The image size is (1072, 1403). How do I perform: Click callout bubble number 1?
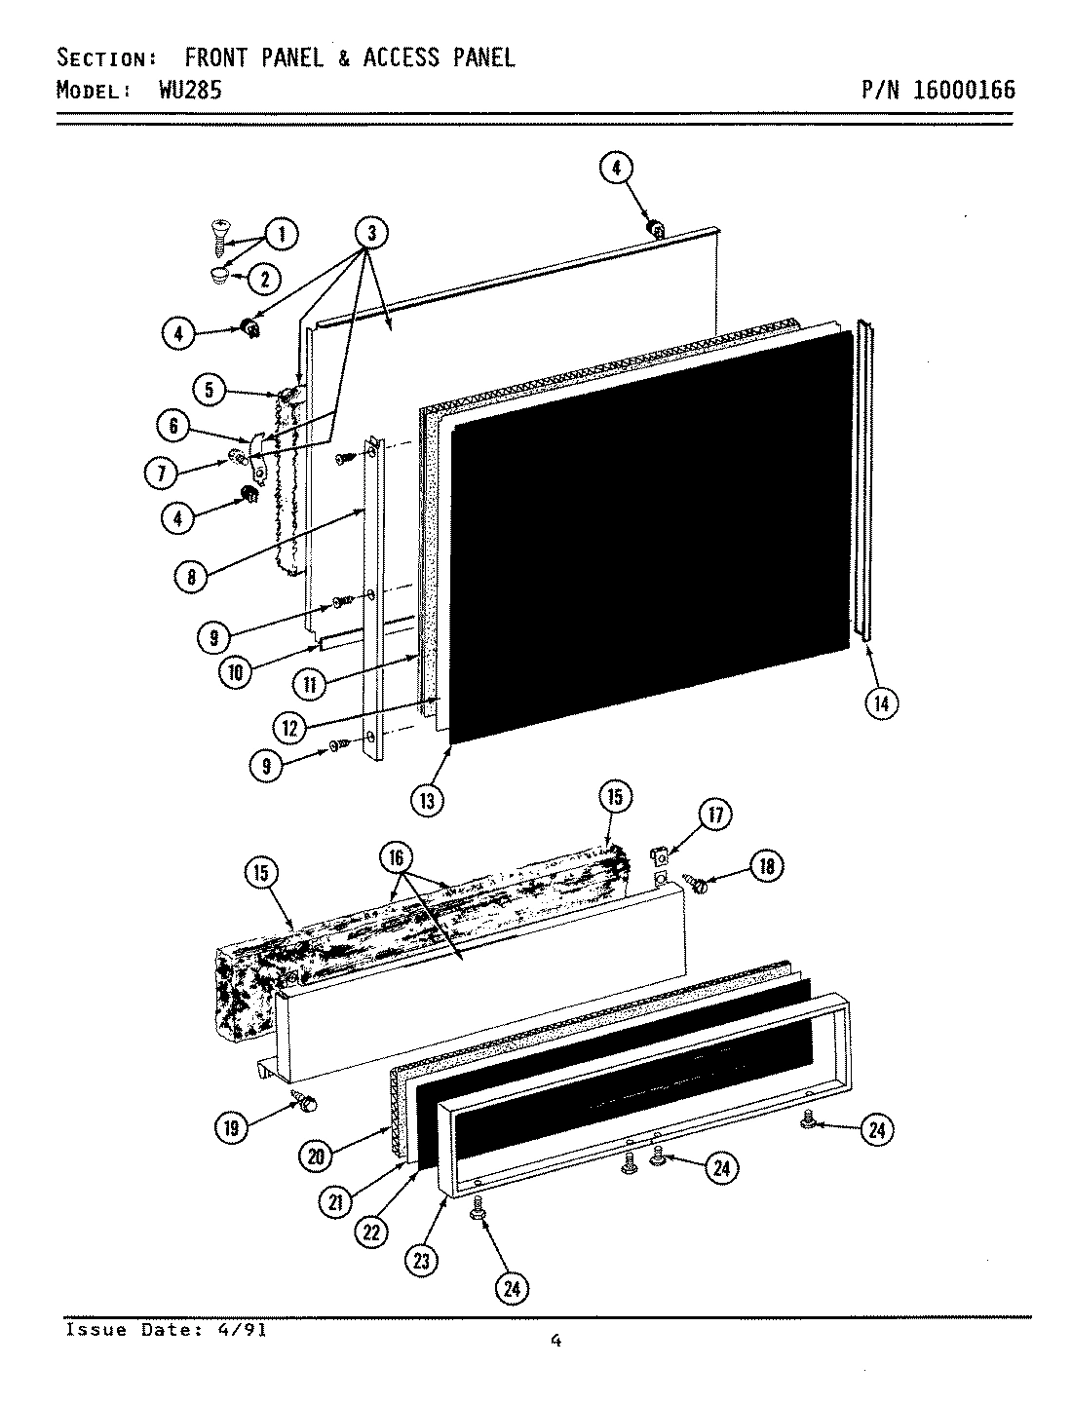[x=282, y=234]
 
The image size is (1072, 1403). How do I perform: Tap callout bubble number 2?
[x=264, y=280]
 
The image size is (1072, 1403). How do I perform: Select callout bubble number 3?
[x=371, y=233]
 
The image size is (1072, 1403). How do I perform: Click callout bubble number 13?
[x=428, y=800]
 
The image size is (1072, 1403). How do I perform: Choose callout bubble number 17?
[x=714, y=815]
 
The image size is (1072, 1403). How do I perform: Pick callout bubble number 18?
[x=766, y=866]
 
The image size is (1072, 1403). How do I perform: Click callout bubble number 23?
[x=422, y=1260]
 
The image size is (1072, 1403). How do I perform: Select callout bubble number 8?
[x=192, y=577]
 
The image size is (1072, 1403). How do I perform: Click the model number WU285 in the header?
[x=189, y=90]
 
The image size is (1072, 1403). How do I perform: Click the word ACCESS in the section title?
[x=401, y=57]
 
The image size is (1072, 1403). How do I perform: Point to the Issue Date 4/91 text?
[x=166, y=1330]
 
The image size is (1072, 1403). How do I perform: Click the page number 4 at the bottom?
[x=555, y=1342]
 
